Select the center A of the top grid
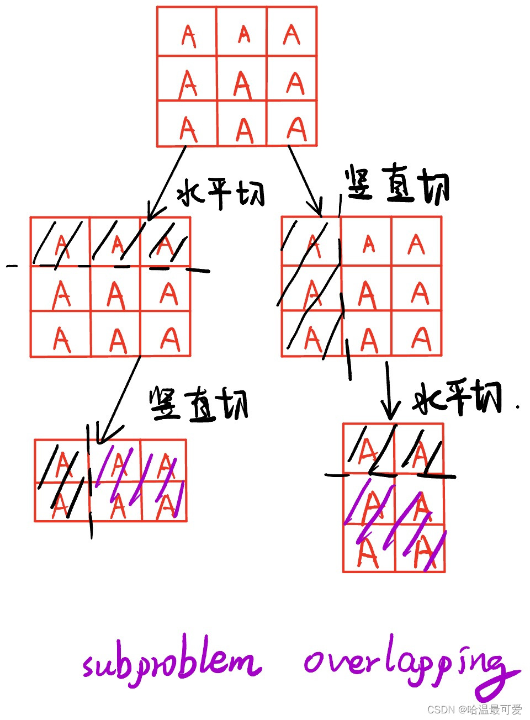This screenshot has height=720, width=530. point(242,85)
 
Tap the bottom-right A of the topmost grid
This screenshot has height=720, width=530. point(296,128)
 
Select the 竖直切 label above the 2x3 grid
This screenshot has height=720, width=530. point(199,405)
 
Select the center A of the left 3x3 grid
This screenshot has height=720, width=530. point(115,294)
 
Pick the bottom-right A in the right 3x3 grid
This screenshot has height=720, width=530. point(421,338)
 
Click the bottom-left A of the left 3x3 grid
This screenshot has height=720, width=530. point(61,339)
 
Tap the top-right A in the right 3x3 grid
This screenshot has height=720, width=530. point(416,243)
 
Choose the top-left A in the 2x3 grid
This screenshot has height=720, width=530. point(62,463)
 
